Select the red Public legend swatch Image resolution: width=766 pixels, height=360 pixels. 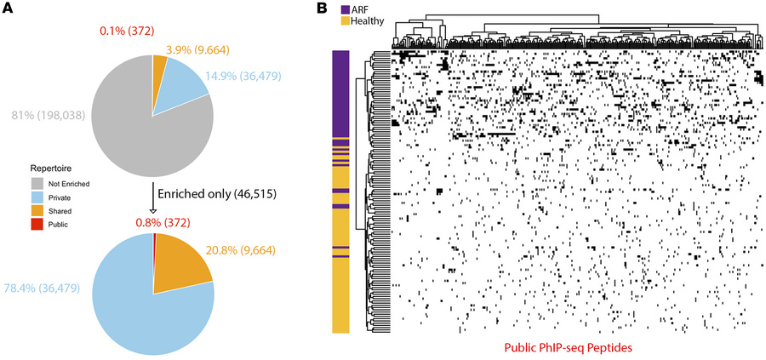click(x=37, y=225)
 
